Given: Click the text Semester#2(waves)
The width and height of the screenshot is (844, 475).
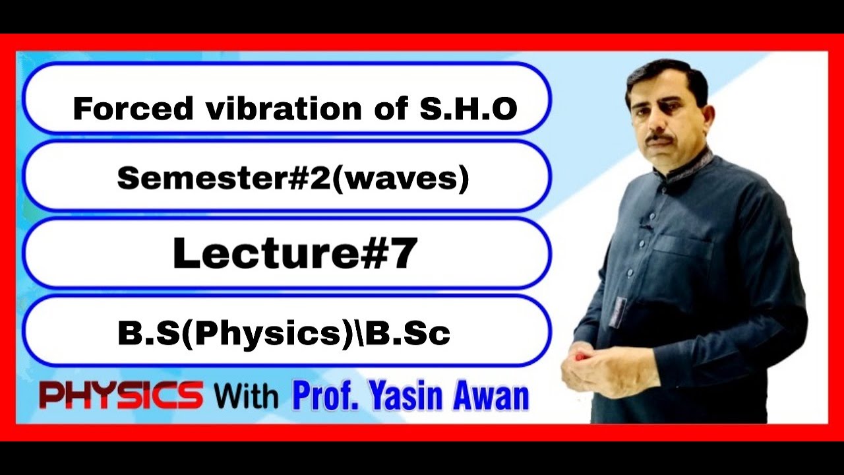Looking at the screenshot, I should [x=293, y=178].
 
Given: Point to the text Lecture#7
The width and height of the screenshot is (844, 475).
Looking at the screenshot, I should [x=295, y=254].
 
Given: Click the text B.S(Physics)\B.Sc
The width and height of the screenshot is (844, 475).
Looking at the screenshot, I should [x=284, y=333].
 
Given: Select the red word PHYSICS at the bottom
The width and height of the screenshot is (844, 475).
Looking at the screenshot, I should [x=121, y=396].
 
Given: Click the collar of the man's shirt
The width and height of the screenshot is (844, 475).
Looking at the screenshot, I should [x=692, y=165].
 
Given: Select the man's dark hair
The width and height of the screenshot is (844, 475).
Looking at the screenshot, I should [x=666, y=76].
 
